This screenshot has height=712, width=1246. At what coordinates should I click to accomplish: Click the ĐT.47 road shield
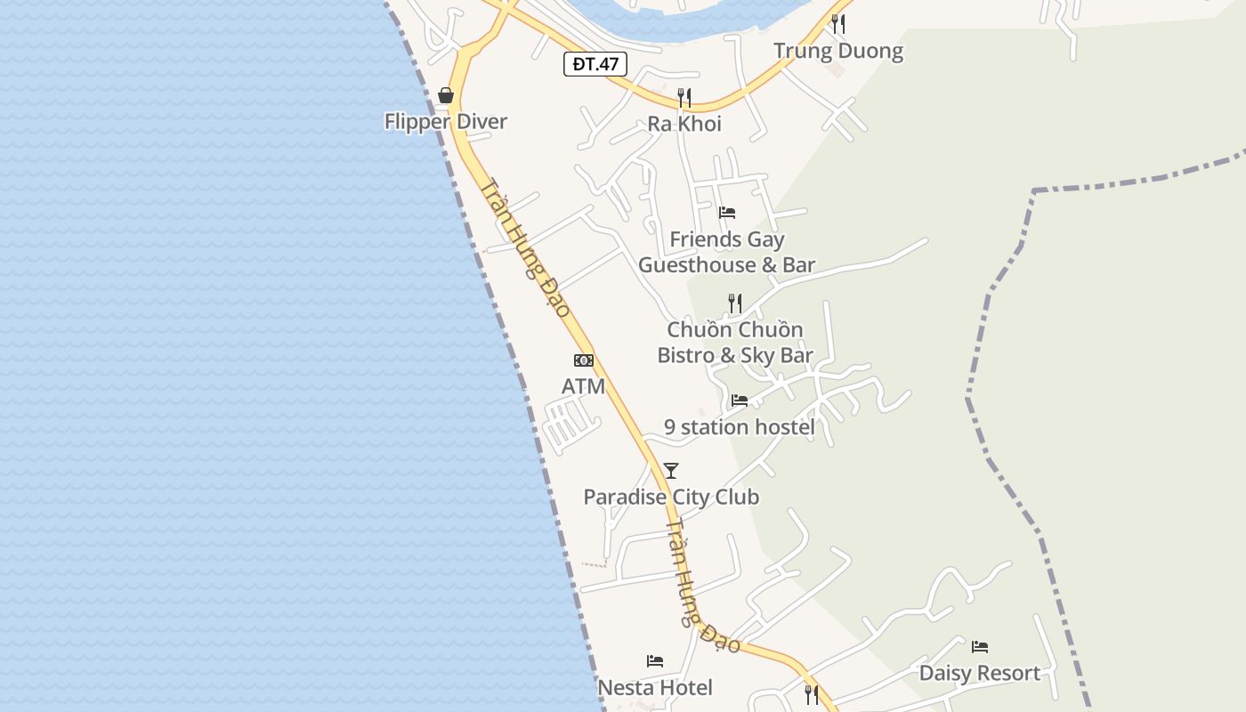[x=595, y=64]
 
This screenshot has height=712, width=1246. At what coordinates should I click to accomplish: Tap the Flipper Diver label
[x=446, y=122]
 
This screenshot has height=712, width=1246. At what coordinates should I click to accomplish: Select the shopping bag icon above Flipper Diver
[x=446, y=95]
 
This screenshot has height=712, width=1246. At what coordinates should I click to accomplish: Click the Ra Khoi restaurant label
[x=684, y=124]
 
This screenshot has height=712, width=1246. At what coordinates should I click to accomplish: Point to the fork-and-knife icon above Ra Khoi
[x=684, y=97]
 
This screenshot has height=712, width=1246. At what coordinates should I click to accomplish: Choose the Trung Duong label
[x=838, y=51]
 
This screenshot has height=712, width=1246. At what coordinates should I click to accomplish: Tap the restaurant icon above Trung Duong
[x=838, y=24]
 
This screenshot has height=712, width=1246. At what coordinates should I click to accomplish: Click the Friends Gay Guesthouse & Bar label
[x=727, y=252]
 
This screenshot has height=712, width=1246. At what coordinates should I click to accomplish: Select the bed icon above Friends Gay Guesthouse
[x=727, y=213]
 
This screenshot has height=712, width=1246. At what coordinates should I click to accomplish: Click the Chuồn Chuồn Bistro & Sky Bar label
[x=735, y=343]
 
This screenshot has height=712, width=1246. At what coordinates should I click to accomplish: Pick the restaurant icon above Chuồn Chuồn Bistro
[x=735, y=303]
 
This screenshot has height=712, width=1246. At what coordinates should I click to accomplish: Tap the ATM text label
[x=583, y=386]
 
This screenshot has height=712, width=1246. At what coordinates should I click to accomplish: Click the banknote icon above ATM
[x=583, y=360]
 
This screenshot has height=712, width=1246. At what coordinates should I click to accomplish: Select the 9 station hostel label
[x=740, y=427]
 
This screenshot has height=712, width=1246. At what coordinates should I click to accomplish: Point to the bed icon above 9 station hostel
[x=740, y=400]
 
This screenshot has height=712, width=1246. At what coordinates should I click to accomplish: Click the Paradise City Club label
[x=671, y=497]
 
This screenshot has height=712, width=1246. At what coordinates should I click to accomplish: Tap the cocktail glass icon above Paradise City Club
[x=671, y=471]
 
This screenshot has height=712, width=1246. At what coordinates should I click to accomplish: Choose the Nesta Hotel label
[x=655, y=688]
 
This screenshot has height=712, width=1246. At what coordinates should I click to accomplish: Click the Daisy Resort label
[x=980, y=673]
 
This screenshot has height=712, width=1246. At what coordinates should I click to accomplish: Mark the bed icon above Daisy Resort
[x=980, y=647]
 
